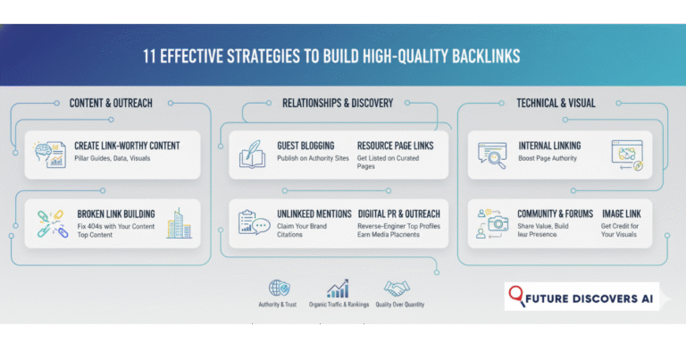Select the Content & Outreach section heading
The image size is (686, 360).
click(111, 103)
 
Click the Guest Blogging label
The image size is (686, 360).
click(305, 146)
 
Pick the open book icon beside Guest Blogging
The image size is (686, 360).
click(251, 154)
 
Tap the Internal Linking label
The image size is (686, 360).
click(548, 146)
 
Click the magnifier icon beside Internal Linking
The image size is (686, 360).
click(492, 154)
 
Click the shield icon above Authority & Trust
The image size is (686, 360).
click(279, 289)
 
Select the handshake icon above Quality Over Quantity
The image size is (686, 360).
click(397, 289)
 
